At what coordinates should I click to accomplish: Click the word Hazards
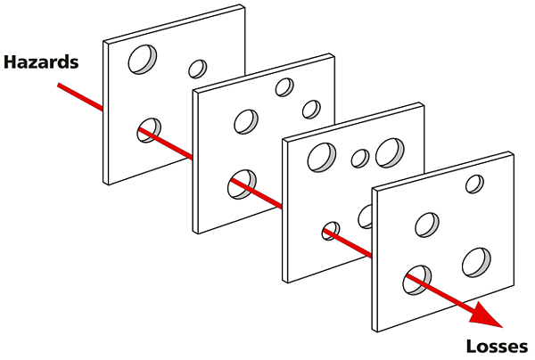41,62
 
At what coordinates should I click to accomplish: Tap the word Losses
497,347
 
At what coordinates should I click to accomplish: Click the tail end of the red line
58,85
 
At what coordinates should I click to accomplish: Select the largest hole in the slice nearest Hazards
143,60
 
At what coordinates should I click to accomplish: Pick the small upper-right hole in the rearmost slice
198,69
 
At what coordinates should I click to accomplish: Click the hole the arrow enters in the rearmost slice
149,130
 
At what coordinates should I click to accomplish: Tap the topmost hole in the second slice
284,87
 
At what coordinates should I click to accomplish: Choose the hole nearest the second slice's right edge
311,110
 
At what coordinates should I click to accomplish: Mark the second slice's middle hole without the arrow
246,122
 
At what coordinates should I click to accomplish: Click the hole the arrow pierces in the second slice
242,184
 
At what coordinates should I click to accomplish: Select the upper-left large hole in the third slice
322,157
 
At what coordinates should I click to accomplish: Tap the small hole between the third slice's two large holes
360,159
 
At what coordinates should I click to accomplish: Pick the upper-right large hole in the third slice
390,152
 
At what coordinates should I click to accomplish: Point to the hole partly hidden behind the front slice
366,217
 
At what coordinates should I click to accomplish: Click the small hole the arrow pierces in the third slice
331,231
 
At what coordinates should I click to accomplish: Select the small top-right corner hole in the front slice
475,184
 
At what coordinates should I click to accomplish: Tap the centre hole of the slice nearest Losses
427,225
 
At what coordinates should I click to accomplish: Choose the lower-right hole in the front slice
477,263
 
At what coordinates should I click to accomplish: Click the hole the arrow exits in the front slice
417,280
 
